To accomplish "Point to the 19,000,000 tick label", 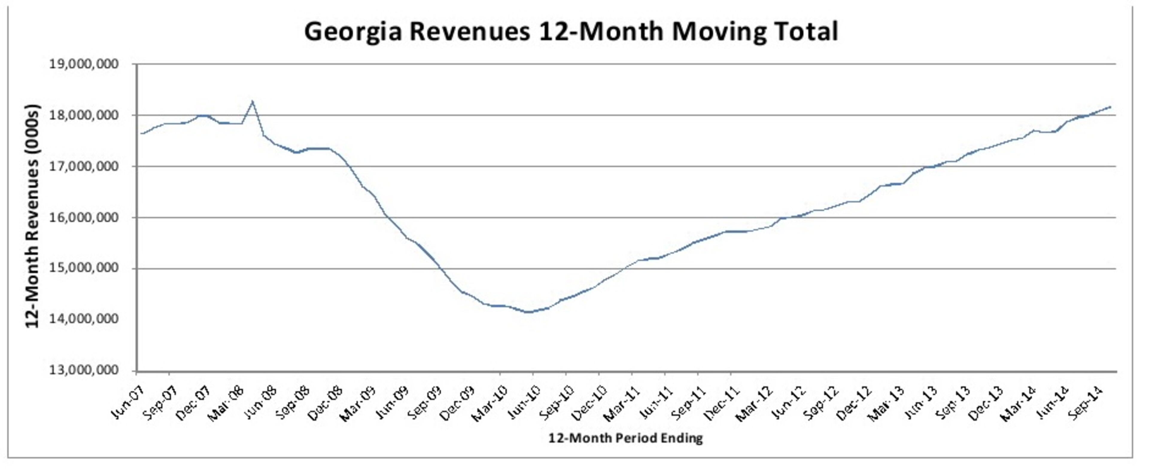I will (x=84, y=65).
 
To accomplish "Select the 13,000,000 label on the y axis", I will (x=84, y=370).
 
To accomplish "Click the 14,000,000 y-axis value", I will (x=84, y=319).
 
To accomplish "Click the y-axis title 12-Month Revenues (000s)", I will (x=33, y=216).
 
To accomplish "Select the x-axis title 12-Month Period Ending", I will (x=625, y=439).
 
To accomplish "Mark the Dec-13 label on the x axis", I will (x=986, y=403).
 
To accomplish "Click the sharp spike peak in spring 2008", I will (x=253, y=101).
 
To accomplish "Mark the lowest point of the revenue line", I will (x=529, y=312).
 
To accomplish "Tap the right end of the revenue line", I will (x=1110, y=106).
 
